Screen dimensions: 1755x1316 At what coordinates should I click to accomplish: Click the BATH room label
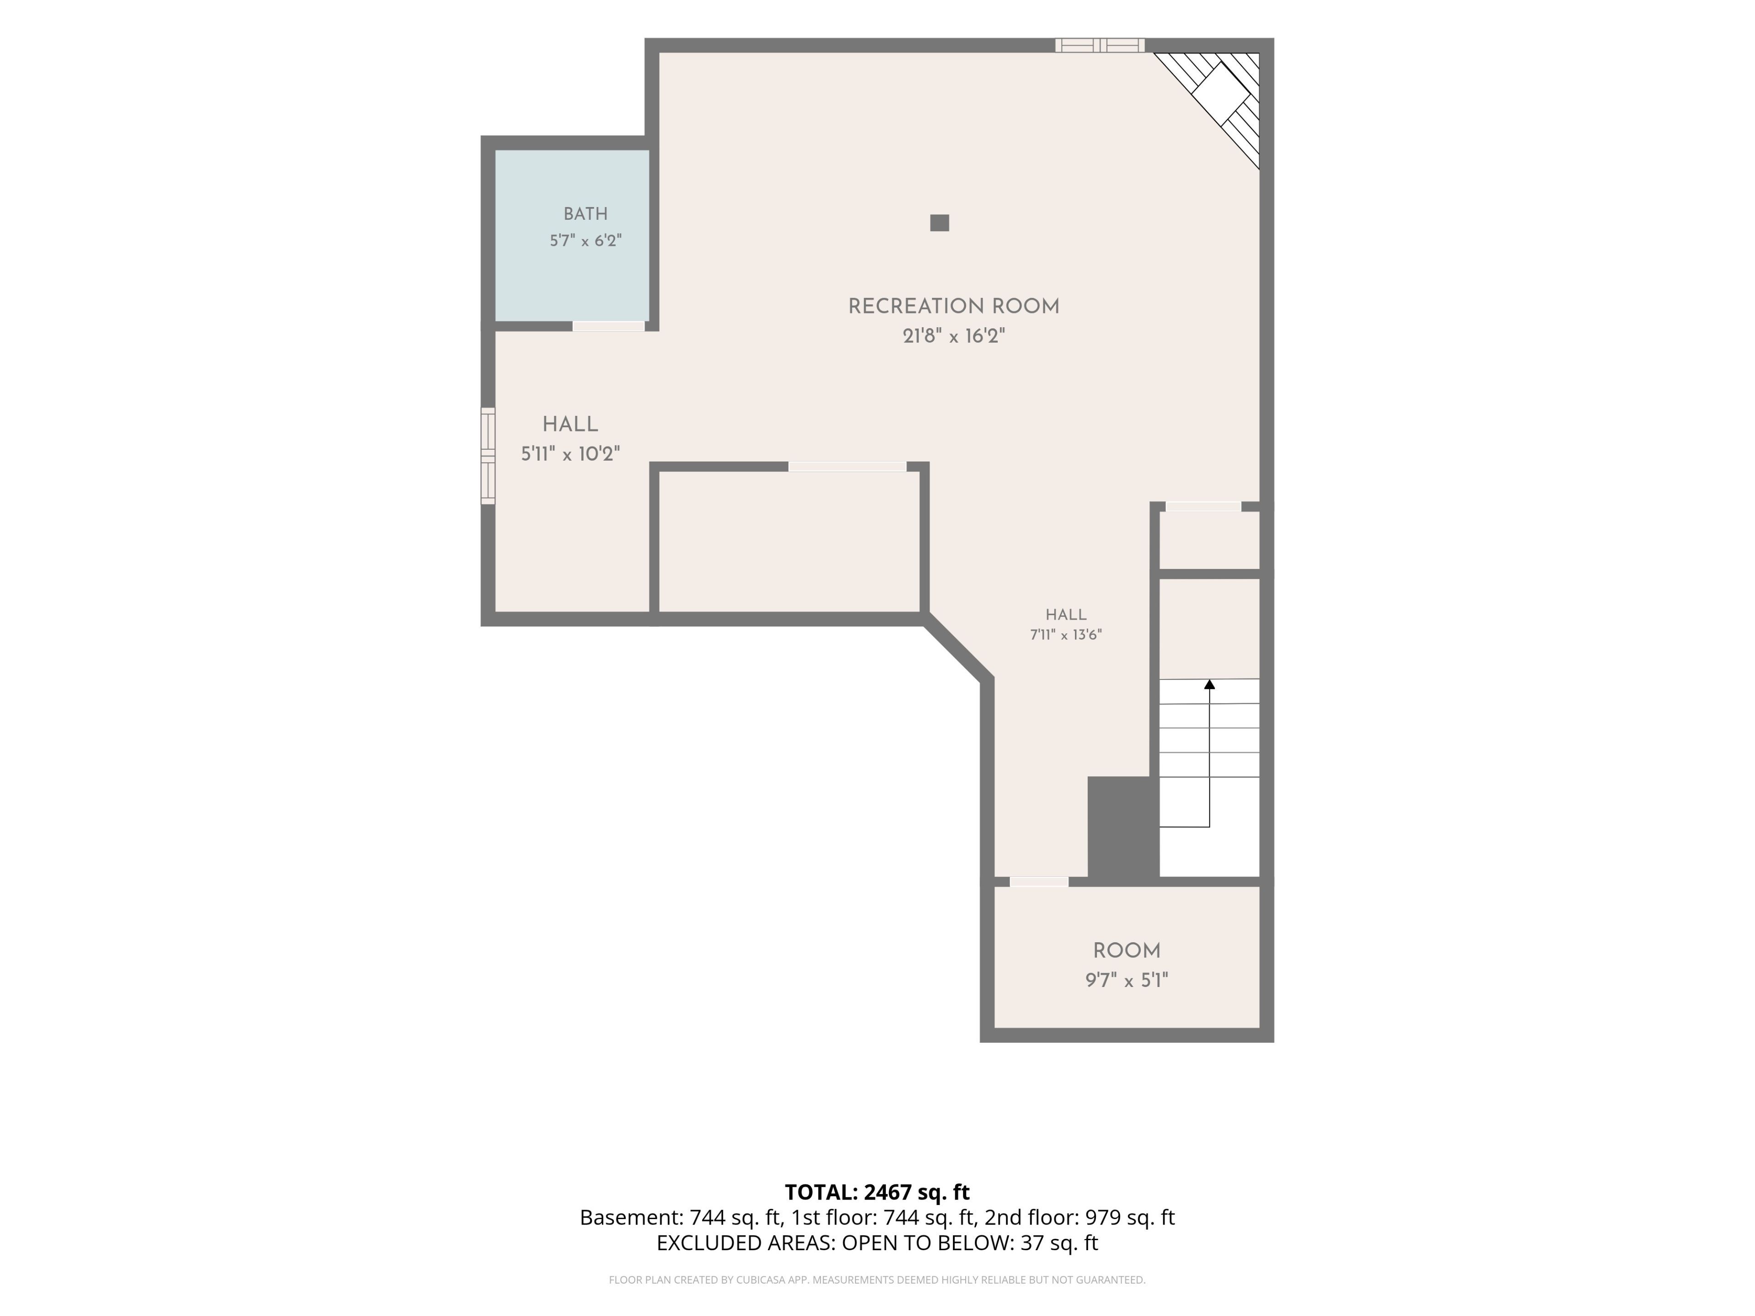coord(585,214)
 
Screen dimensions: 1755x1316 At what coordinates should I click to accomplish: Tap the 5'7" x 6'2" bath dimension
coord(585,240)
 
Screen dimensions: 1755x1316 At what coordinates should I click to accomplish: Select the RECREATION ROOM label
coord(954,307)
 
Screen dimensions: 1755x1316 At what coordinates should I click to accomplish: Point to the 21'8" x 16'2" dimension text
coord(954,336)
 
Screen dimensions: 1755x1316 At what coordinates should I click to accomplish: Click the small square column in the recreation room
coord(939,223)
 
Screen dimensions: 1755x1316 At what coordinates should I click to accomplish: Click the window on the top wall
coord(1100,45)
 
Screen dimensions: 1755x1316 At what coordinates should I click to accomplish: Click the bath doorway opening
coord(609,326)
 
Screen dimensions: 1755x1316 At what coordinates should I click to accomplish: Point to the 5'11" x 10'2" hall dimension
coord(570,454)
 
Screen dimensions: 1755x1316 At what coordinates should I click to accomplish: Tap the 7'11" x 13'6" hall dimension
coord(1065,635)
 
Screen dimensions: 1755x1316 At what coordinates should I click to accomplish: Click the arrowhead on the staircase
coord(1209,684)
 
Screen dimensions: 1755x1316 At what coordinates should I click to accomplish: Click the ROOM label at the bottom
coord(1127,951)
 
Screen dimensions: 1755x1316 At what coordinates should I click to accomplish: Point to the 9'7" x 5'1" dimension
coord(1127,981)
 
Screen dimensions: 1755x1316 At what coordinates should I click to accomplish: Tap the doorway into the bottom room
coord(1038,881)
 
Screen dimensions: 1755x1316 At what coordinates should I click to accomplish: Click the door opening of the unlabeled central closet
coord(847,467)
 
